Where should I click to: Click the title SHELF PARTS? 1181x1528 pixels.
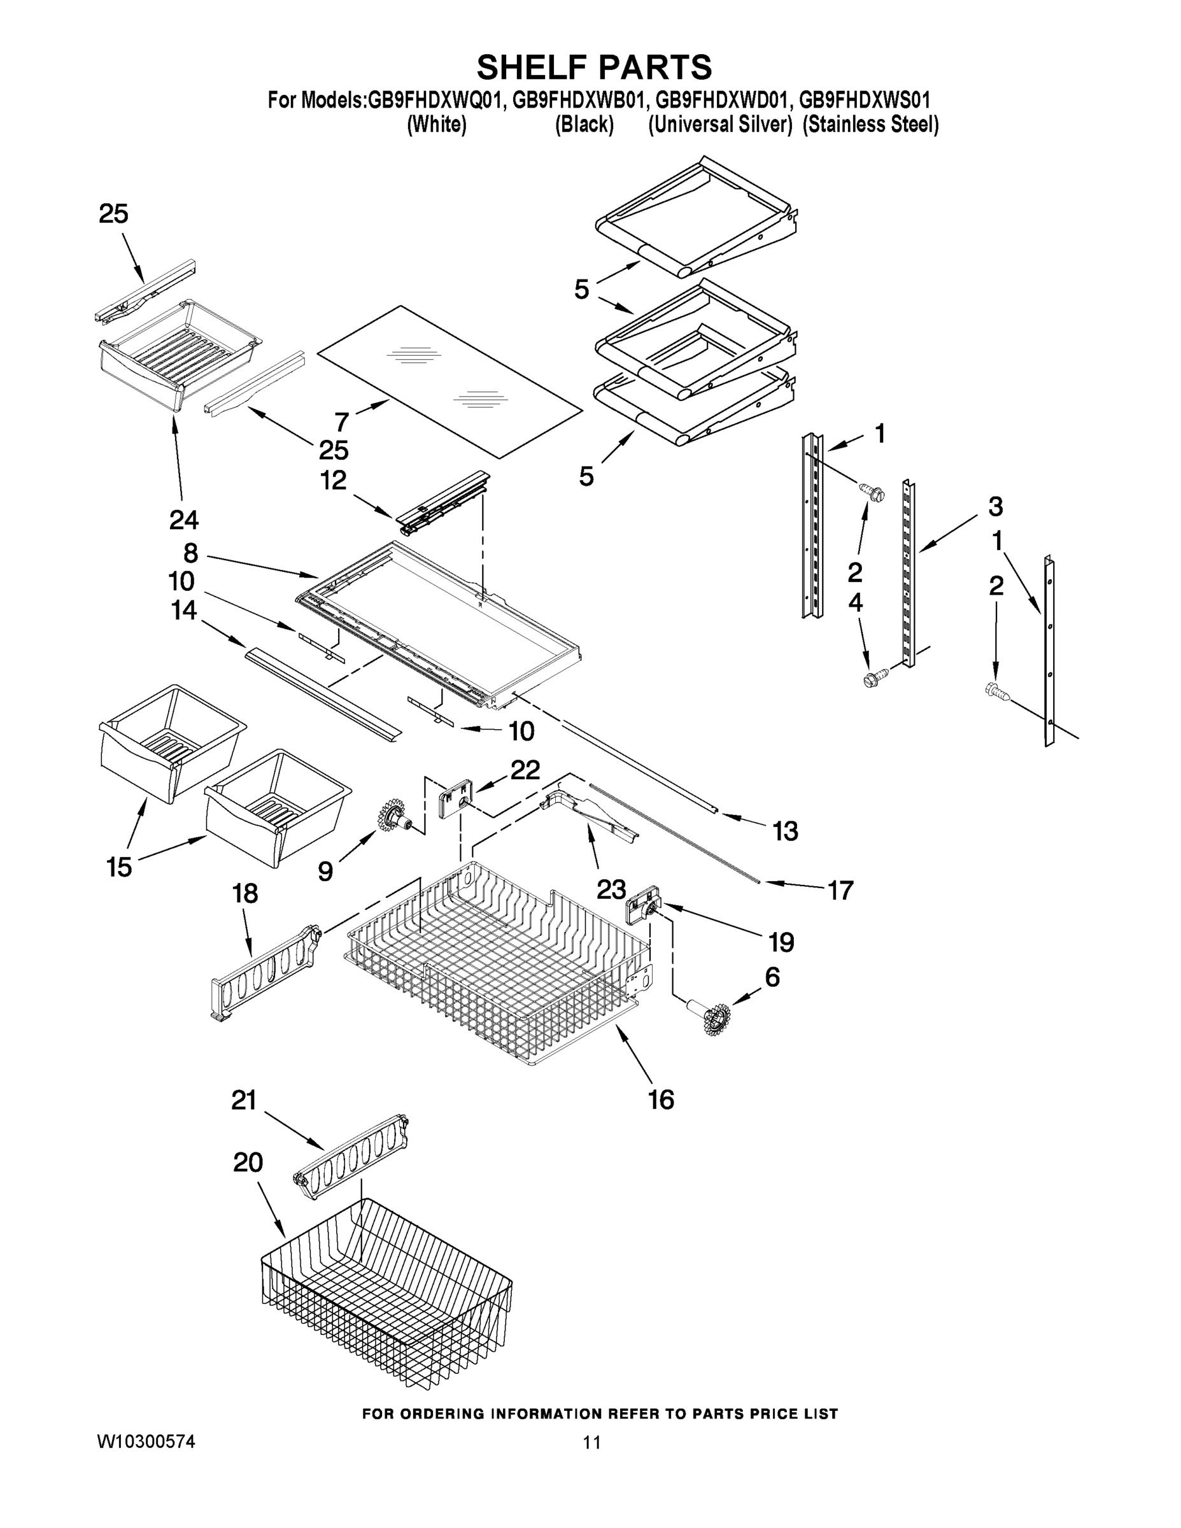click(594, 68)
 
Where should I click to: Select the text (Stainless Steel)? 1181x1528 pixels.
click(870, 125)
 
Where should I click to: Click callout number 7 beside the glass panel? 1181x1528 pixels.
click(341, 422)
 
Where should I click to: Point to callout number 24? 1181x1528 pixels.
click(183, 519)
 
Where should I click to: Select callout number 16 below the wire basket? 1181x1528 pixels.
click(661, 1100)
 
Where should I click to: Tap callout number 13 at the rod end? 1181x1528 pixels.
click(785, 831)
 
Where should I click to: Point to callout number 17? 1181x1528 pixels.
click(840, 890)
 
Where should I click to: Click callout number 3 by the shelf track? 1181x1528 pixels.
click(995, 506)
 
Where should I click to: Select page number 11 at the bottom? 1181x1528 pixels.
click(591, 1443)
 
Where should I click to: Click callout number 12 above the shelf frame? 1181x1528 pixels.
click(333, 481)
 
